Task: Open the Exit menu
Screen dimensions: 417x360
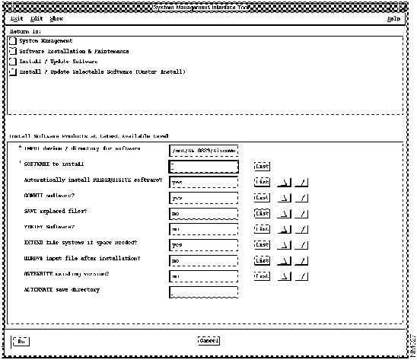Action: pos(17,18)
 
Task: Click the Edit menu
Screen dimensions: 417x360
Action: pos(36,18)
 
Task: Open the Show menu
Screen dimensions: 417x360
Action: pos(57,18)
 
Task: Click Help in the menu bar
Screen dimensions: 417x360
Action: pos(393,18)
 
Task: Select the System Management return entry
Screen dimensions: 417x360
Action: pos(46,40)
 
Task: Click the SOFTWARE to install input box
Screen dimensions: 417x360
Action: pos(204,166)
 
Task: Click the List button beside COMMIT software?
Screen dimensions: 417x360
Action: pos(263,198)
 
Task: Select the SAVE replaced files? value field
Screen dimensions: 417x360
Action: pos(204,214)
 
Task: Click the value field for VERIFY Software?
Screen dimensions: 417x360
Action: pos(204,230)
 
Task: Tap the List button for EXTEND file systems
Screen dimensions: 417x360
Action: pos(263,246)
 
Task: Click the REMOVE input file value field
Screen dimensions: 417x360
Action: pos(204,262)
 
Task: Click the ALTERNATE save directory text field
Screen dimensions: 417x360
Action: pos(204,293)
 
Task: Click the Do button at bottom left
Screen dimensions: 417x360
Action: pos(22,340)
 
